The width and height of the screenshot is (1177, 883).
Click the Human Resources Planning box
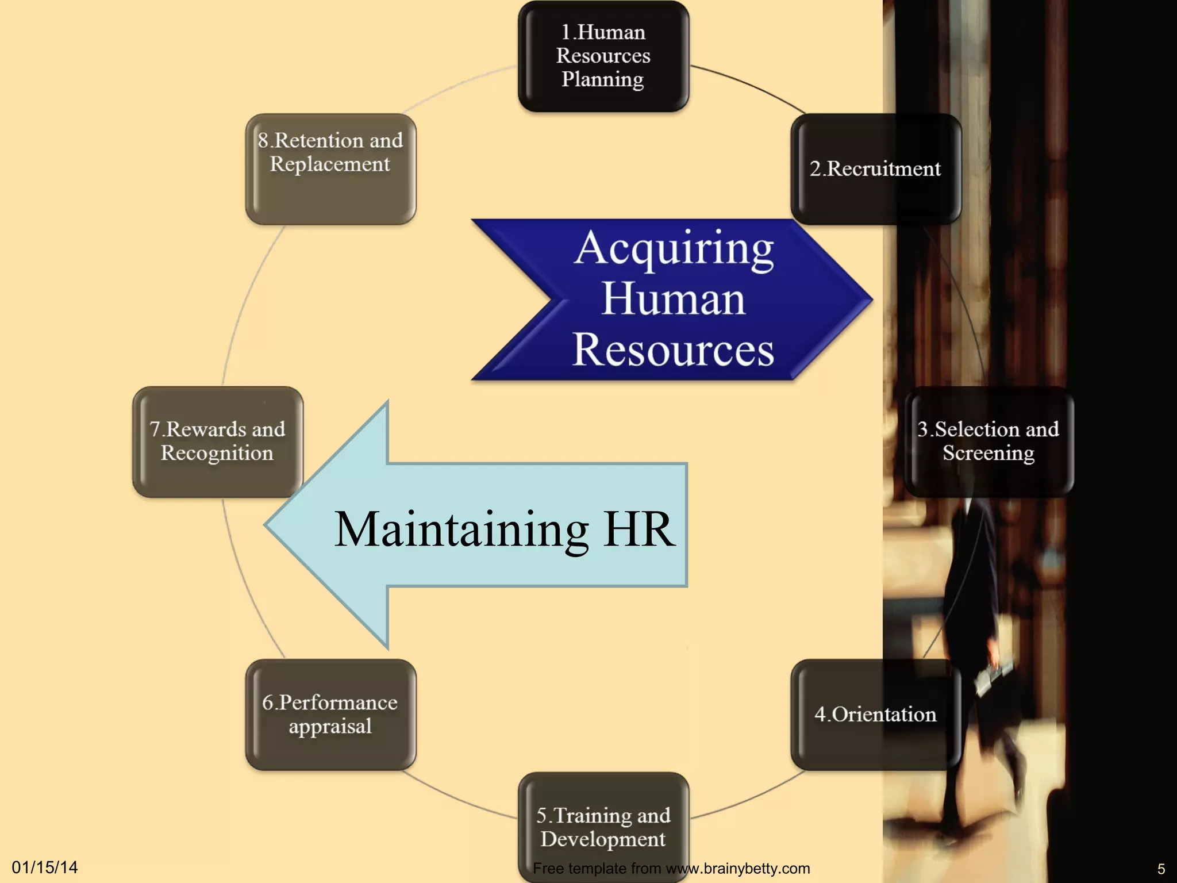point(603,56)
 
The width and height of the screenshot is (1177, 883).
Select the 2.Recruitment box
point(875,168)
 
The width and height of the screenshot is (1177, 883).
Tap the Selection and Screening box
point(988,441)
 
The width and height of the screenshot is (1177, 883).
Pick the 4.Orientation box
point(875,714)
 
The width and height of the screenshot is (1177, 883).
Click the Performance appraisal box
point(330,714)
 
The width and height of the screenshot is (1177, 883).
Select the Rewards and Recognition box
point(218,441)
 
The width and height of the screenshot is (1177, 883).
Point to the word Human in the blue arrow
point(674,299)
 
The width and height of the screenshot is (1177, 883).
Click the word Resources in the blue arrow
point(674,350)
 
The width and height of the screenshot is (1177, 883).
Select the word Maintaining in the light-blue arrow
point(461,529)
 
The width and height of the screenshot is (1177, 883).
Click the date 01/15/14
point(45,867)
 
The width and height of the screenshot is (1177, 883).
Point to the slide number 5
point(1161,869)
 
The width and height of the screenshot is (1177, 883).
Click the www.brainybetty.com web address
point(737,868)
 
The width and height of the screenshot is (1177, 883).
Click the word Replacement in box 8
point(330,164)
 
